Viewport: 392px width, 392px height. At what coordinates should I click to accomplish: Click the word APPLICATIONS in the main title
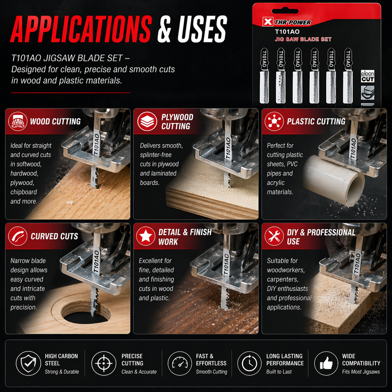(x=81, y=29)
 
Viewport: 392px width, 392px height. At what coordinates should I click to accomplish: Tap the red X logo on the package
(x=267, y=22)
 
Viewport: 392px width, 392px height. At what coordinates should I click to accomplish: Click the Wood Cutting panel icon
(x=18, y=122)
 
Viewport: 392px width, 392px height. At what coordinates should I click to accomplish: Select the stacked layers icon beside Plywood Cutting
(x=147, y=122)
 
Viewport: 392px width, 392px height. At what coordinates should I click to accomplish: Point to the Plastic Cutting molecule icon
(x=274, y=122)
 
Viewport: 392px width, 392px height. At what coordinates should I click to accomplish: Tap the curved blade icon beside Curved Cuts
(x=18, y=236)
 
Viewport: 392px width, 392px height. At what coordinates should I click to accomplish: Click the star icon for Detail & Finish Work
(x=146, y=236)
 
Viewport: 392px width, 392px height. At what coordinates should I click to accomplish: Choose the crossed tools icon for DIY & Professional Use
(x=274, y=236)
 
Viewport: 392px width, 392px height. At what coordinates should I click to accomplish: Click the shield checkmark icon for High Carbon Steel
(x=28, y=363)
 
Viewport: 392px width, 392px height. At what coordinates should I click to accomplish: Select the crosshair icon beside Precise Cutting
(x=104, y=363)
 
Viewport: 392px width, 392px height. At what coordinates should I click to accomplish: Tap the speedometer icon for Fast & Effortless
(x=180, y=363)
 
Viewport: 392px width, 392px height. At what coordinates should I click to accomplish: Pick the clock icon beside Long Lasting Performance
(x=249, y=363)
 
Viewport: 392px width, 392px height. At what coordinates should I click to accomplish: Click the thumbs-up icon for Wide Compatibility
(x=326, y=363)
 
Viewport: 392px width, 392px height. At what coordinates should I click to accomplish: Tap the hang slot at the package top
(x=285, y=11)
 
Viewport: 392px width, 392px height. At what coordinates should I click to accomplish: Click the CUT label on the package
(x=368, y=79)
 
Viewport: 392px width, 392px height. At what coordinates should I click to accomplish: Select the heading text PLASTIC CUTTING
(x=316, y=122)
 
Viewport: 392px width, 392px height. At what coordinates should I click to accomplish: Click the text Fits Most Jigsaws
(x=361, y=372)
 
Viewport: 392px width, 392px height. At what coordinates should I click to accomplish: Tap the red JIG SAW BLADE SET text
(x=303, y=39)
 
